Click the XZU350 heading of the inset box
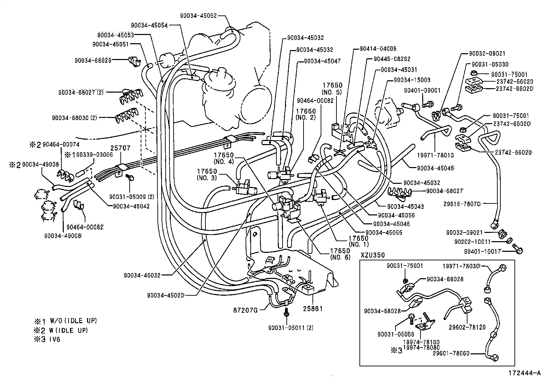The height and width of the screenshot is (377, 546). pos(372,255)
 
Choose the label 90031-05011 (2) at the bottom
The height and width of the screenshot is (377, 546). pos(290,327)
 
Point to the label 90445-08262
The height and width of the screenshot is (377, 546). pos(391,59)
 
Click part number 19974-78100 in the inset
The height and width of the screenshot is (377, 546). pos(421,342)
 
